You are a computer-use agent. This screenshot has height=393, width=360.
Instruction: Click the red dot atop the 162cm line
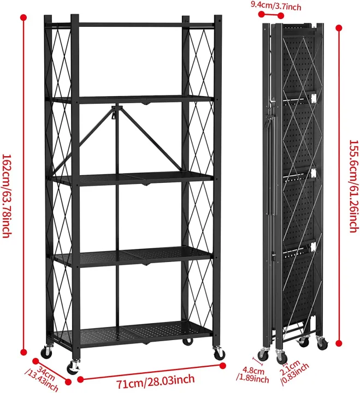(23, 17)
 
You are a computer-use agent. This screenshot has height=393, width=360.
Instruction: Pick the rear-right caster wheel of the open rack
(188, 341)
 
